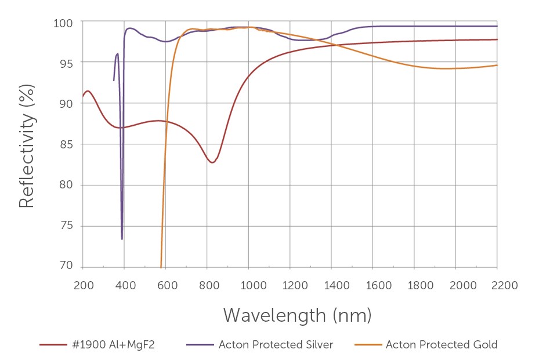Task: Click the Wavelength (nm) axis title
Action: [297, 315]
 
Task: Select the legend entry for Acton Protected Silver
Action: [276, 345]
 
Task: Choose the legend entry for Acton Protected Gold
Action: [441, 345]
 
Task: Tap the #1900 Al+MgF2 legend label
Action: [114, 345]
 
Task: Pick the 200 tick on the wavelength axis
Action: [83, 285]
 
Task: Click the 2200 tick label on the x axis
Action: [497, 285]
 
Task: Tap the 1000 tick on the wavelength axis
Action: [248, 285]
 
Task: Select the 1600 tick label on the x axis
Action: [372, 285]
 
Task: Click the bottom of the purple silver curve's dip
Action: [122, 239]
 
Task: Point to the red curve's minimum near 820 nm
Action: [212, 162]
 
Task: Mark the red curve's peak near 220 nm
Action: [88, 91]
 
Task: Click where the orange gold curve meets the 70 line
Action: [161, 267]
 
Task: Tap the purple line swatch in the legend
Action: [199, 345]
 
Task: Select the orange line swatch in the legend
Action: [366, 345]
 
